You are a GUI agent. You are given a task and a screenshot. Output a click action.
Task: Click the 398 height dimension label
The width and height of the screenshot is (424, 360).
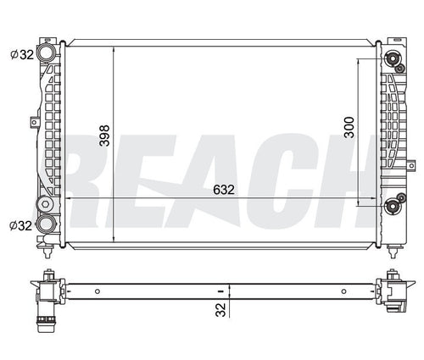click(x=104, y=136)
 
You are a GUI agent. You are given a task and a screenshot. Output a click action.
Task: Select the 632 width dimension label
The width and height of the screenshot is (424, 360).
click(x=224, y=190)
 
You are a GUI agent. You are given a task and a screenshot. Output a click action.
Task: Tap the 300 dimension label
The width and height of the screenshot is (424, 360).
click(x=349, y=127)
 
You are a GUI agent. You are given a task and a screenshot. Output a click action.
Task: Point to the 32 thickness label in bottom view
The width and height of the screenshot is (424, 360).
click(x=220, y=310)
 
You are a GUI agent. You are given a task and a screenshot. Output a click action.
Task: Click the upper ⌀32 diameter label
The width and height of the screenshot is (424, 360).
click(x=22, y=54)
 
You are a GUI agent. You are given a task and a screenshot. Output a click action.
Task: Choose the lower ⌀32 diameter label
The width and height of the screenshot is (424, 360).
click(x=20, y=225)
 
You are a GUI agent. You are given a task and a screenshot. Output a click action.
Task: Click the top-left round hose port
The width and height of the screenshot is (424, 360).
click(x=46, y=53)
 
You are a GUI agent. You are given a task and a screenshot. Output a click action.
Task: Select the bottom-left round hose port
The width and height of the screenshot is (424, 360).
click(x=46, y=224)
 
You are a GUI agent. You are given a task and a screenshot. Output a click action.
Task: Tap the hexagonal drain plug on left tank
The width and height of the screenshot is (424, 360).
click(x=45, y=204)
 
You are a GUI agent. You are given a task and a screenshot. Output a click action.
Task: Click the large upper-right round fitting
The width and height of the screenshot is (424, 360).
click(x=392, y=58)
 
